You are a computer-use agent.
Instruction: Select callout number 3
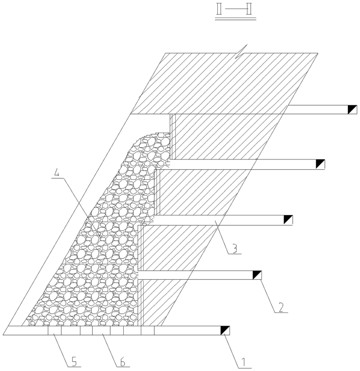click(x=235, y=249)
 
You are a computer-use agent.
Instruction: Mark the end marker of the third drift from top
click(x=288, y=220)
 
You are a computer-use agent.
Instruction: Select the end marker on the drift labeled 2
click(x=256, y=275)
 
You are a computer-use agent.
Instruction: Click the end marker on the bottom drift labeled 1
click(x=226, y=331)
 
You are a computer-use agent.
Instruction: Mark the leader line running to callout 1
click(x=233, y=347)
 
